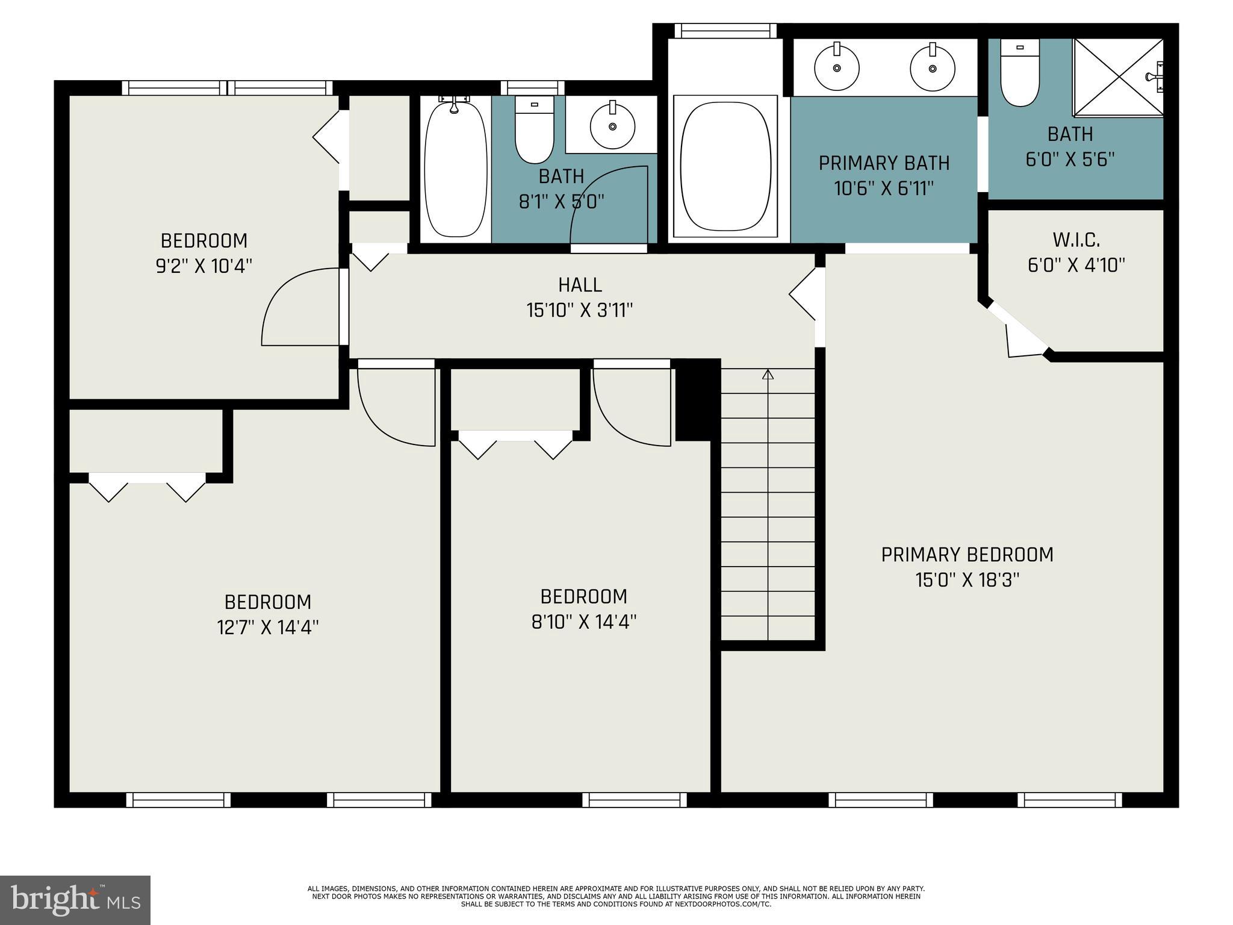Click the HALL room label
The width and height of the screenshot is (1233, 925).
click(x=580, y=285)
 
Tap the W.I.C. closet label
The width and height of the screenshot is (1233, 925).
click(x=1076, y=240)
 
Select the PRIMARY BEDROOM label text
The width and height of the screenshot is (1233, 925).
click(x=967, y=555)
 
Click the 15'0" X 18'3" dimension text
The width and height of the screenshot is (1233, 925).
click(x=967, y=581)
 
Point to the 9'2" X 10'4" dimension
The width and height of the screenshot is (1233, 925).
click(x=203, y=266)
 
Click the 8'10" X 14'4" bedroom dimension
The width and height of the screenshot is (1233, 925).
click(x=583, y=622)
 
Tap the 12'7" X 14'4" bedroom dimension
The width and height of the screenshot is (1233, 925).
click(x=267, y=628)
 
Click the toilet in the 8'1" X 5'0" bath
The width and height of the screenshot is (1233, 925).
click(x=534, y=129)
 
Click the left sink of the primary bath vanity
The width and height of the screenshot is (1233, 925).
click(x=836, y=67)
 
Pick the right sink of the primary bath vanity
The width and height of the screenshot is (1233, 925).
click(x=932, y=67)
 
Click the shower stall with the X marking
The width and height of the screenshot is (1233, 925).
click(x=1118, y=77)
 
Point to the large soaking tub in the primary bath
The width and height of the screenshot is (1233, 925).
click(x=725, y=166)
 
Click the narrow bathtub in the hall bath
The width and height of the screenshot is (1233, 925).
click(x=455, y=169)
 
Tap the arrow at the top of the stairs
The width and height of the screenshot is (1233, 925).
click(x=768, y=375)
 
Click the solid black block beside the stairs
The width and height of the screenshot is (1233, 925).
click(x=697, y=400)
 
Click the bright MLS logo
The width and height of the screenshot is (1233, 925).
click(x=75, y=900)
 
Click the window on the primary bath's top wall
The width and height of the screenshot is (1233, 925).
click(x=725, y=31)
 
